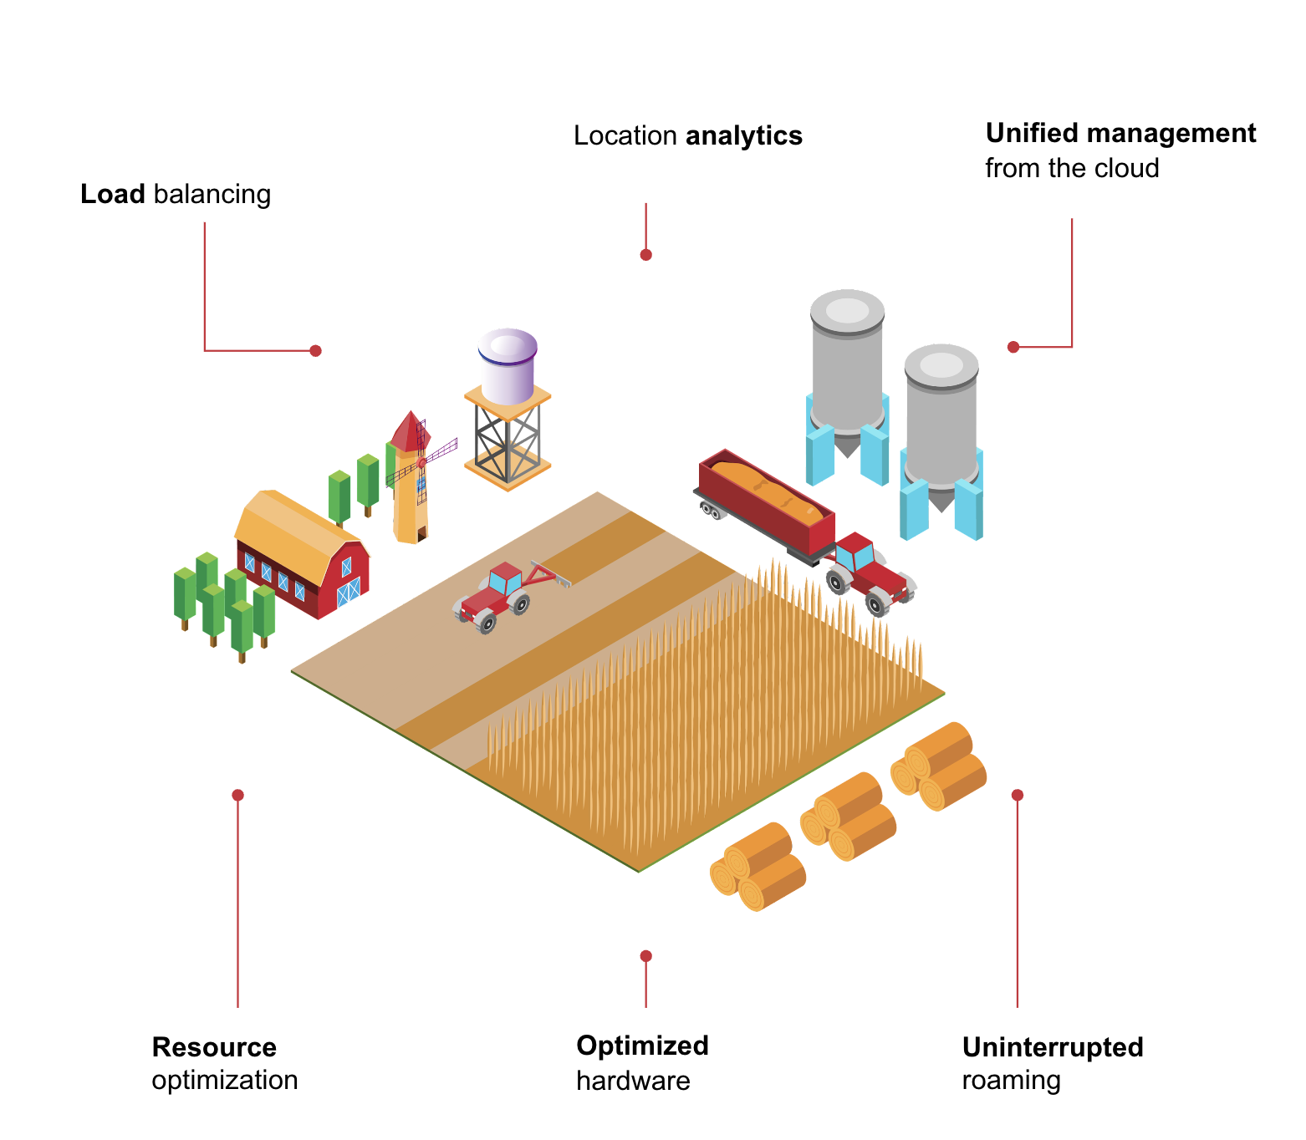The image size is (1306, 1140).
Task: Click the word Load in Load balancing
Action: (x=113, y=194)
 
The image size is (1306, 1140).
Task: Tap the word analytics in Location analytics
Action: (x=743, y=135)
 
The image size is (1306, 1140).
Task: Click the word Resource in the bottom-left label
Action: (x=214, y=1046)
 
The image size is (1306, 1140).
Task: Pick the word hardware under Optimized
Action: (x=633, y=1081)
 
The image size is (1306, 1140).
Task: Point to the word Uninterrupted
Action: (x=1052, y=1046)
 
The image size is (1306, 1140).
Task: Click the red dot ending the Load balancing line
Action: (x=315, y=351)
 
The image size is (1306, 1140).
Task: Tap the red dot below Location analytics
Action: (x=645, y=255)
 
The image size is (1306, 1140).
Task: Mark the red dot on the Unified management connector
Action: (x=1013, y=347)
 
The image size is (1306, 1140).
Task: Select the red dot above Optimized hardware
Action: (x=645, y=956)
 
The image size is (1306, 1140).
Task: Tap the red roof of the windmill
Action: (x=409, y=432)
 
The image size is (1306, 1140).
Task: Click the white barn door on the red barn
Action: (x=348, y=591)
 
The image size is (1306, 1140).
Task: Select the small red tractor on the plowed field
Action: (x=493, y=595)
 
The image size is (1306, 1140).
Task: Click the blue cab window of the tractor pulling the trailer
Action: (x=863, y=556)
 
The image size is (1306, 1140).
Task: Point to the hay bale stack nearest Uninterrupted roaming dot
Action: (x=939, y=766)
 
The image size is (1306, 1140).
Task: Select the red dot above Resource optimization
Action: (x=237, y=795)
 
